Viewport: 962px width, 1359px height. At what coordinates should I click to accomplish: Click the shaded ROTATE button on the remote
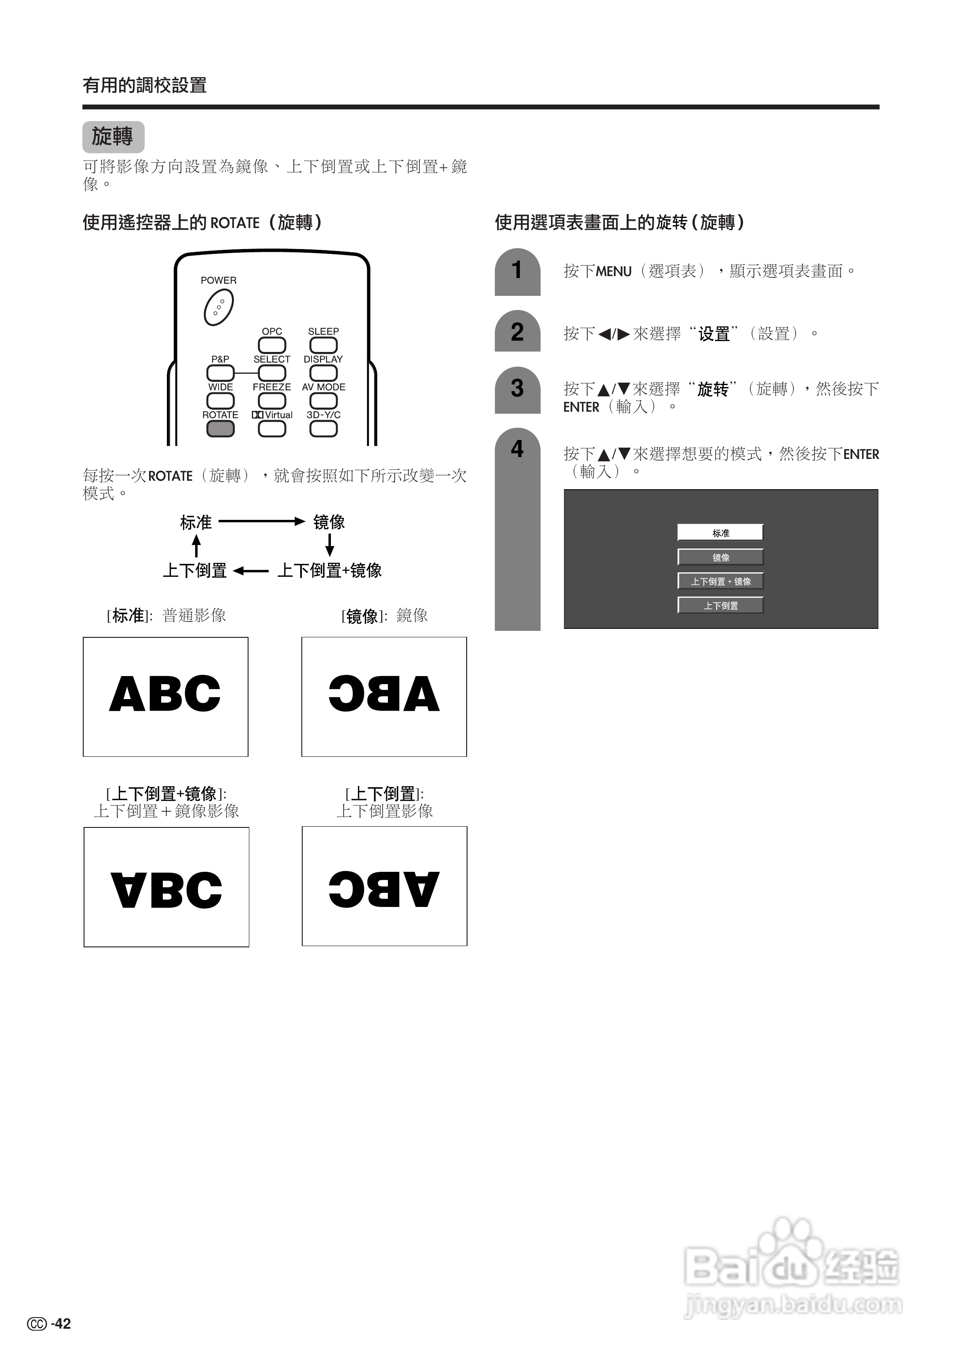tap(220, 429)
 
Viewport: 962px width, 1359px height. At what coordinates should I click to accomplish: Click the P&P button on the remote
tap(220, 373)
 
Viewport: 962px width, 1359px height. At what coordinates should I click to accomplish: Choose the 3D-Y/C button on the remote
tap(324, 429)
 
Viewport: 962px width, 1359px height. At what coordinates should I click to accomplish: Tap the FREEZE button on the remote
tap(272, 401)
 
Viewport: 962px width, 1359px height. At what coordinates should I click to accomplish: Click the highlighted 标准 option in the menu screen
tap(720, 533)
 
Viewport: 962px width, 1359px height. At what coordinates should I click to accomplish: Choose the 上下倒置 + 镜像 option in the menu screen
tap(720, 581)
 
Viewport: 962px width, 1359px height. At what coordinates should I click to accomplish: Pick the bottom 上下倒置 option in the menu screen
tap(720, 605)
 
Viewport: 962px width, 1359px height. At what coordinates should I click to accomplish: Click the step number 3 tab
tap(517, 389)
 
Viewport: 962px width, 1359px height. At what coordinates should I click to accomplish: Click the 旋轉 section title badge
tap(113, 137)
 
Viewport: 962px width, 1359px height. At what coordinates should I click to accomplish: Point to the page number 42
tap(61, 1323)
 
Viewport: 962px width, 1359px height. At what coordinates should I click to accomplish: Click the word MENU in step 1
tap(614, 272)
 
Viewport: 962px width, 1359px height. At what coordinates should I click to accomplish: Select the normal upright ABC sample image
tap(165, 696)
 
